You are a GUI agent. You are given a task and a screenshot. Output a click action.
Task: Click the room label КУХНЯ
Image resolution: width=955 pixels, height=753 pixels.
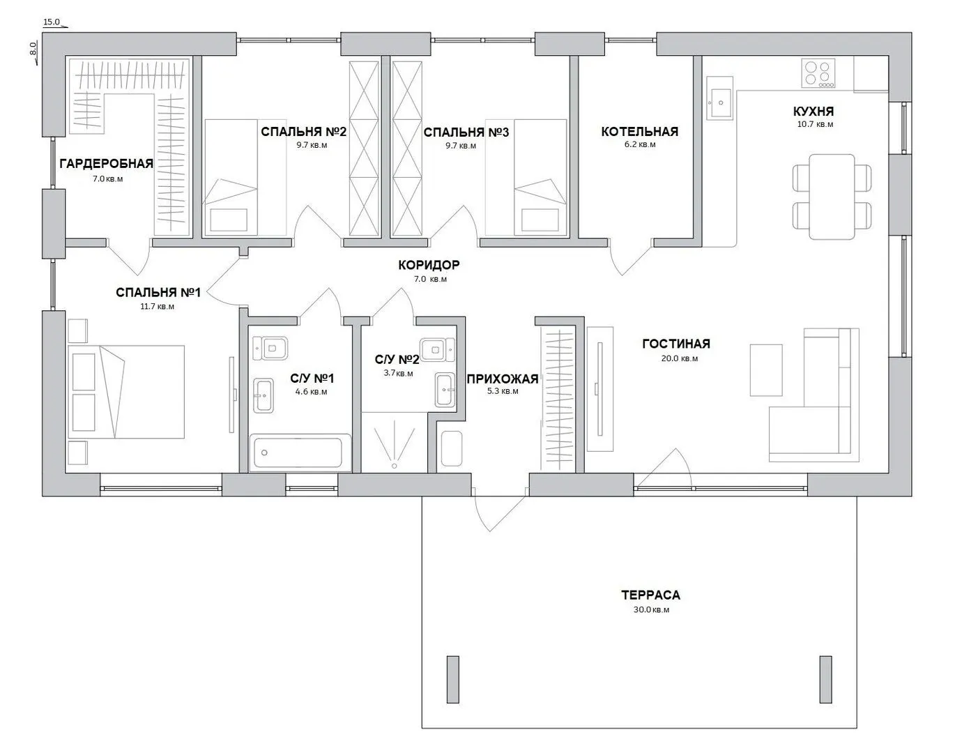pyautogui.click(x=813, y=111)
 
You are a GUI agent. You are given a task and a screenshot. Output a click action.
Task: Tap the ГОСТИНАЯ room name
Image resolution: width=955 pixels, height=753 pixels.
pyautogui.click(x=676, y=344)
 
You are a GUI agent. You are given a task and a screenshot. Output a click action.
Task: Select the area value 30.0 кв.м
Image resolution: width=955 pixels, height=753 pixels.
pyautogui.click(x=651, y=609)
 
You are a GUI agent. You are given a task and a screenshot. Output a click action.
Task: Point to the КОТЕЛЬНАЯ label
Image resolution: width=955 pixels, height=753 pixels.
pyautogui.click(x=639, y=132)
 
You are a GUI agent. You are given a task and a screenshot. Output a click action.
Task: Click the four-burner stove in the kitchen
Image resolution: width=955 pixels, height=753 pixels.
pyautogui.click(x=818, y=73)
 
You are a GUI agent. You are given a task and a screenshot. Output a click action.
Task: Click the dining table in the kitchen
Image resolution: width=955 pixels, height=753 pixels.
pyautogui.click(x=832, y=197)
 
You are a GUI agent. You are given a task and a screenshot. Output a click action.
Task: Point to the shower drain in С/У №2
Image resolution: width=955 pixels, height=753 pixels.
pyautogui.click(x=394, y=466)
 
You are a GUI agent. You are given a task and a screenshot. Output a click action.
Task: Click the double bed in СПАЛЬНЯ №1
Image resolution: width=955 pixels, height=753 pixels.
pyautogui.click(x=126, y=392)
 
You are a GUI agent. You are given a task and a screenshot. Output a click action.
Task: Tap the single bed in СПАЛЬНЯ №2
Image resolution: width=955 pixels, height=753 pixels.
pyautogui.click(x=230, y=177)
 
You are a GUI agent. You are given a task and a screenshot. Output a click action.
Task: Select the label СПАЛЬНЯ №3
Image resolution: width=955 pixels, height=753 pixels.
pyautogui.click(x=466, y=132)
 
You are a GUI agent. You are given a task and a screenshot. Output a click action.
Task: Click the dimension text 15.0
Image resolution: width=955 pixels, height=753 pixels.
pyautogui.click(x=52, y=22)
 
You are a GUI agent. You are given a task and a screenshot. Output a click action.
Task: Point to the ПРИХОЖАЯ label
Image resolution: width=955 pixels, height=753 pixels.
pyautogui.click(x=503, y=379)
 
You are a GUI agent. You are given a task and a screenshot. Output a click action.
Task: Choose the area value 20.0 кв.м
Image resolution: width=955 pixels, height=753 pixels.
pyautogui.click(x=680, y=358)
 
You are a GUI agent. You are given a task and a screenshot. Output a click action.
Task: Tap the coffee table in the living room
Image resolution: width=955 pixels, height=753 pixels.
pyautogui.click(x=766, y=370)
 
